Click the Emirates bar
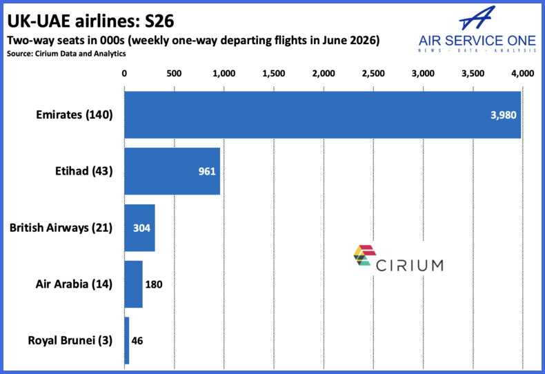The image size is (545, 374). tap(322, 115)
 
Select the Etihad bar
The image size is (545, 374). tap(172, 171)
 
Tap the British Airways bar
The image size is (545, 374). tap(139, 228)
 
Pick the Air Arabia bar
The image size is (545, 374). tap(133, 284)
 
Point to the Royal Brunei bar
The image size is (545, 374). tap(127, 340)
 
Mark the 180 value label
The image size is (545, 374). tap(154, 284)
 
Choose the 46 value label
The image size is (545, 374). tap(137, 340)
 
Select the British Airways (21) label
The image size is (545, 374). tap(61, 228)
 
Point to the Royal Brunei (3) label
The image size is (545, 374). tap(70, 340)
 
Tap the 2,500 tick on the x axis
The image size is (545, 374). tap(373, 73)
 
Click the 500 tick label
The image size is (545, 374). tap(174, 73)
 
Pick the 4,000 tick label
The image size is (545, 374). tap(522, 73)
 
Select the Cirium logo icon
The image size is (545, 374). tap(364, 256)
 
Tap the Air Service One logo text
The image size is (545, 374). tap(476, 40)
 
